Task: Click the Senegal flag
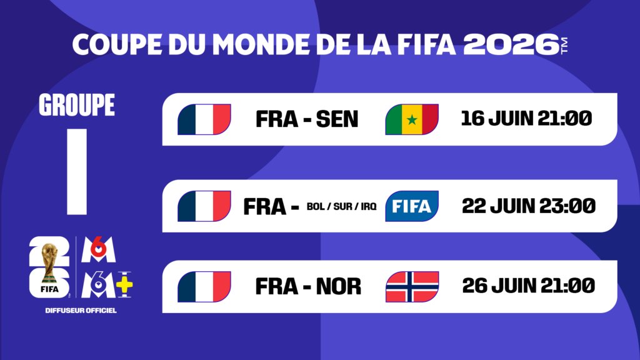pos(412,119)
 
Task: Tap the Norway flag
pos(412,287)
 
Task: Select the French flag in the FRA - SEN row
pos(204,119)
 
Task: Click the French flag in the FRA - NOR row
pos(204,287)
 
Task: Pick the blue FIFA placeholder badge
pos(412,206)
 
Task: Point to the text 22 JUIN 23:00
pos(528,205)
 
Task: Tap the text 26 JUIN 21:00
pos(528,286)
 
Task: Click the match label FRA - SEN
pos(307,119)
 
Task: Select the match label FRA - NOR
pos(308,286)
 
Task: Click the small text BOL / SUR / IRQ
pos(342,207)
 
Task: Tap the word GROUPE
pos(77,105)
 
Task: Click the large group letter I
pos(77,171)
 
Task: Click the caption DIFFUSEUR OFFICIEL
pos(81,310)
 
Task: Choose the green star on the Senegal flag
pos(412,119)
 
